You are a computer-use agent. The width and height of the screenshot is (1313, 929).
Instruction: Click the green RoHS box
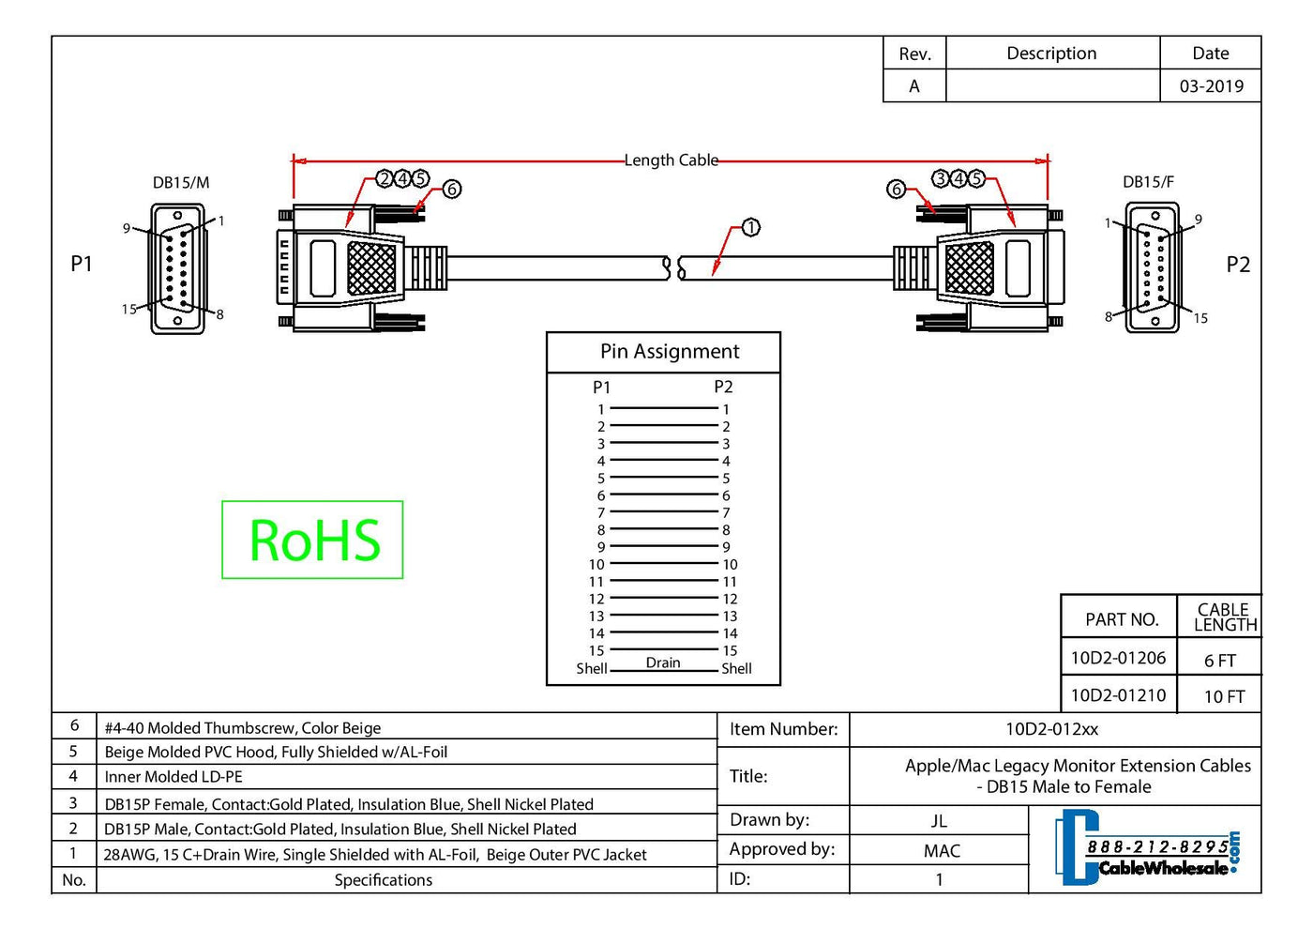[x=312, y=540]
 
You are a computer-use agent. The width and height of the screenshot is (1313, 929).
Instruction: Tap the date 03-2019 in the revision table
[x=1211, y=86]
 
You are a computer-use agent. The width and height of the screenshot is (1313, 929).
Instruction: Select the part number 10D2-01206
[x=1118, y=658]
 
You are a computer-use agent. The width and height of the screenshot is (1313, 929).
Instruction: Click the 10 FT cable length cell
[x=1224, y=696]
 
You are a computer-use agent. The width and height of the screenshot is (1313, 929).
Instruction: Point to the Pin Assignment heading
[x=670, y=352]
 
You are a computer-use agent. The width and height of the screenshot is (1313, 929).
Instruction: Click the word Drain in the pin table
[x=663, y=662]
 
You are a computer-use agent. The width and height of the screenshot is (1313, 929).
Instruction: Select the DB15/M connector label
[x=181, y=182]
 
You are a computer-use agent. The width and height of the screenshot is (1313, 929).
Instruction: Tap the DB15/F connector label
[x=1148, y=182]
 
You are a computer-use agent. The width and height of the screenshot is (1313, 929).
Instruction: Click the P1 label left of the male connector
[x=82, y=265]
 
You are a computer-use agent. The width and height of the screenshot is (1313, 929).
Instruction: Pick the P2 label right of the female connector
[x=1238, y=265]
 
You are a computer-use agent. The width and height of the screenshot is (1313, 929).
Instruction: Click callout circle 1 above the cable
[x=750, y=227]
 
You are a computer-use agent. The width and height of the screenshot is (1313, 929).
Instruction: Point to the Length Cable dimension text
[x=672, y=160]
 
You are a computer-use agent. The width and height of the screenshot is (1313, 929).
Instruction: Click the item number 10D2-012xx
[x=1051, y=729]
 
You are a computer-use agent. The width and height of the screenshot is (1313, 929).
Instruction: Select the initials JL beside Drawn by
[x=939, y=821]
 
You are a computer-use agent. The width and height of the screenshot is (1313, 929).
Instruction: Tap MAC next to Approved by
[x=942, y=851]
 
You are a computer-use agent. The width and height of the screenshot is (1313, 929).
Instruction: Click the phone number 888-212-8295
[x=1157, y=846]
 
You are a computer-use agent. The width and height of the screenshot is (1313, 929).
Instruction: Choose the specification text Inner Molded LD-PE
[x=174, y=777]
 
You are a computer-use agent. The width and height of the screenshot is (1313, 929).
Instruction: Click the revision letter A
[x=914, y=86]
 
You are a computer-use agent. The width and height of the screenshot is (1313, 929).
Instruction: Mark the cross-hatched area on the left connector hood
[x=371, y=267]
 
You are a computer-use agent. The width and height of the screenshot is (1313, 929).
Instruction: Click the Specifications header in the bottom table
[x=384, y=880]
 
